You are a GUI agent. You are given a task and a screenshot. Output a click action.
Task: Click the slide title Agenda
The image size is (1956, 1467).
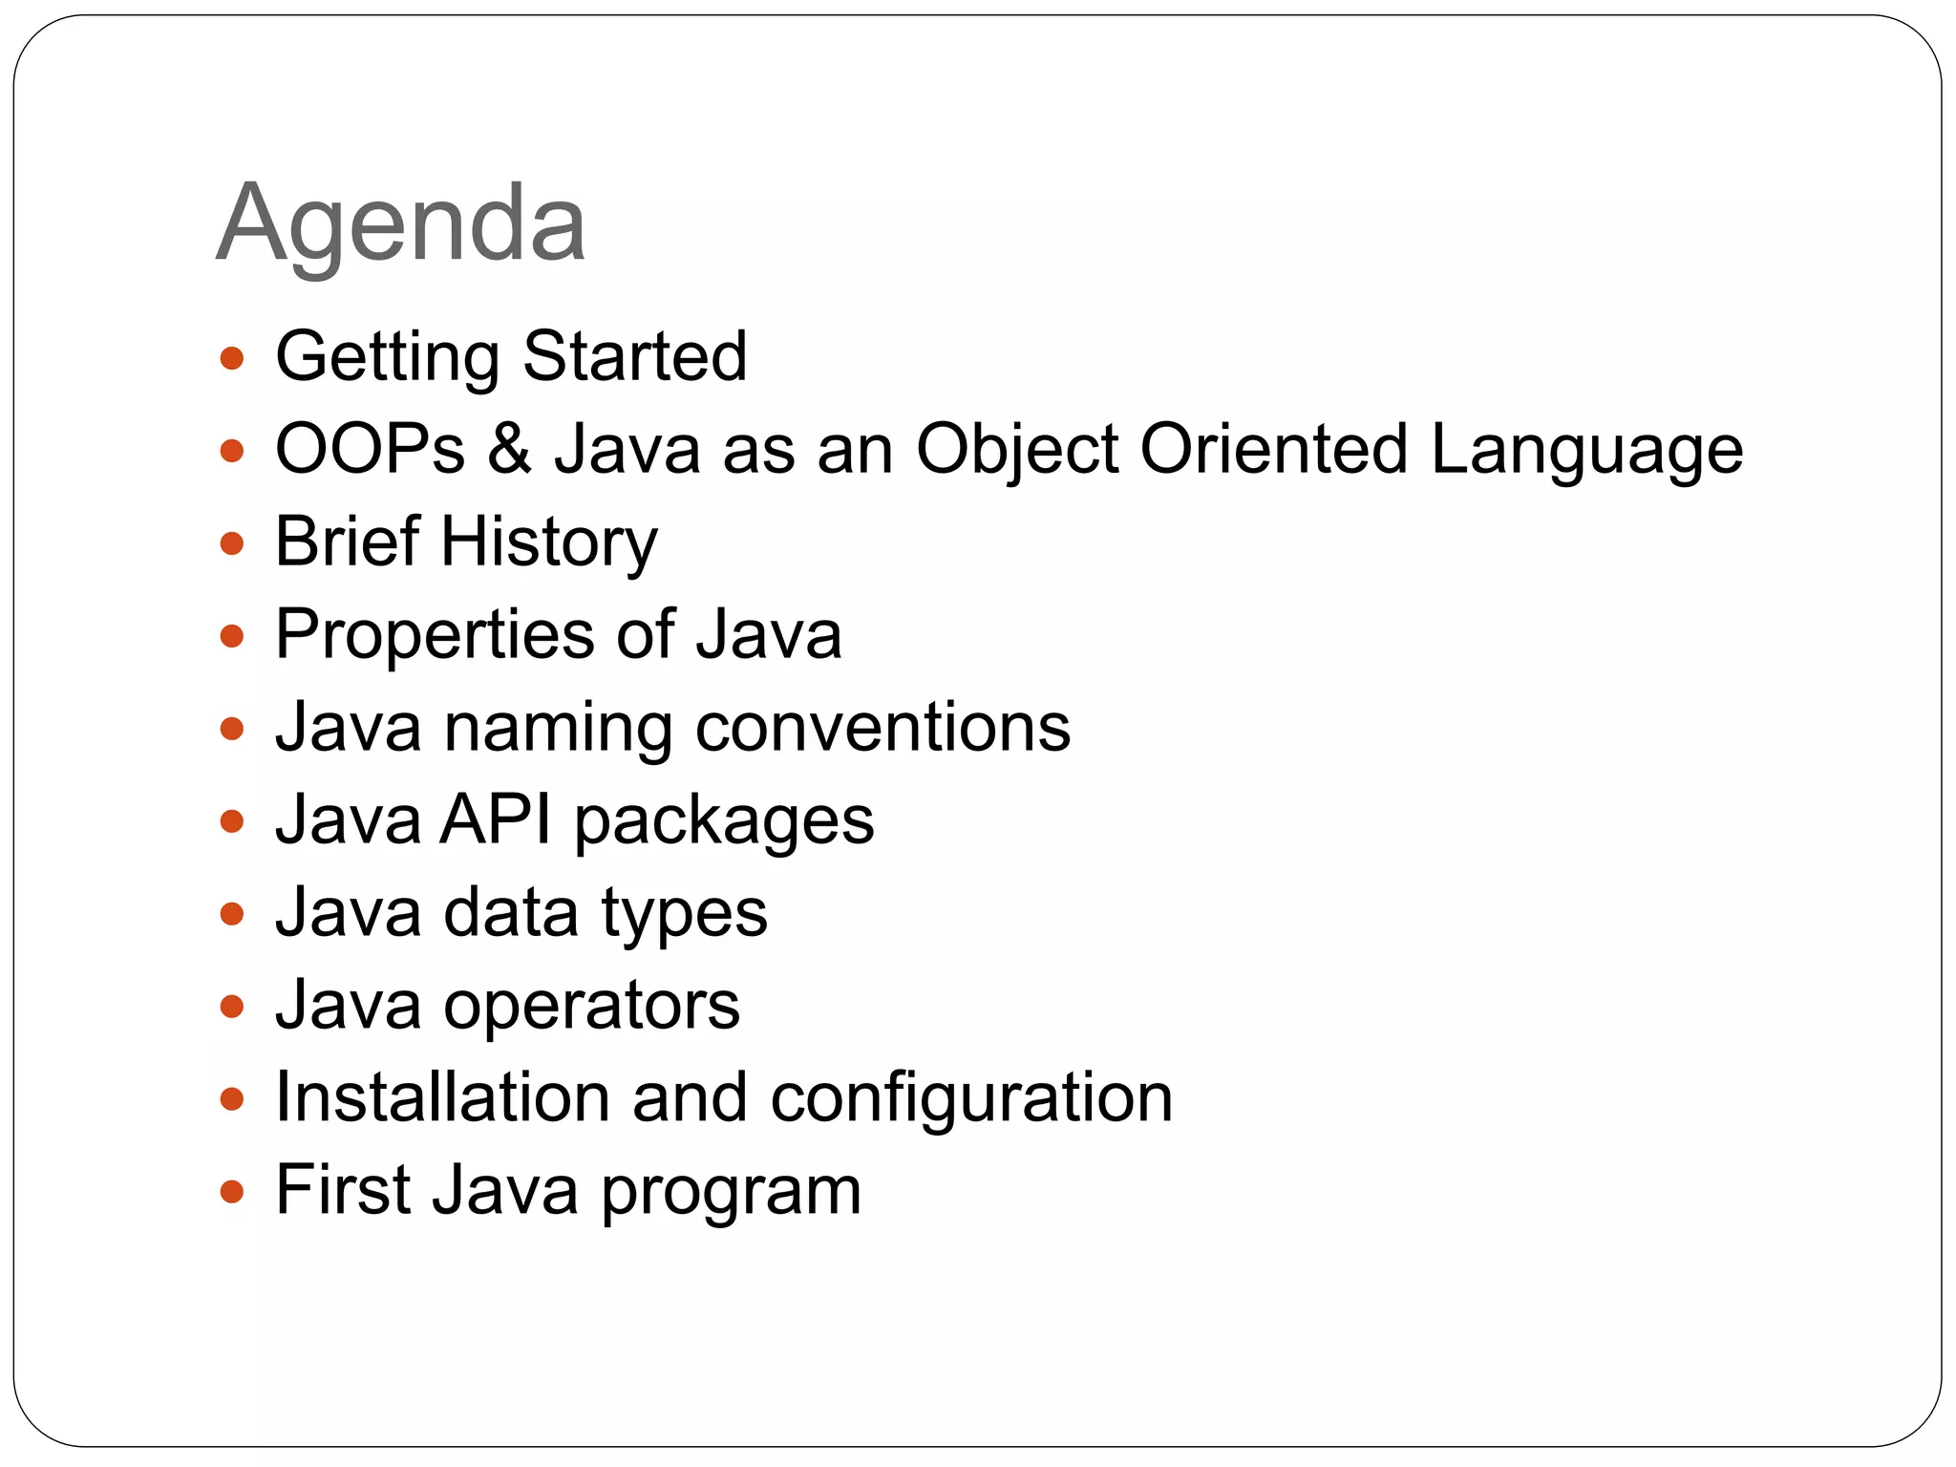(400, 224)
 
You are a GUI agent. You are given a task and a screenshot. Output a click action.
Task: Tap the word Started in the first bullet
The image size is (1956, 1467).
(635, 356)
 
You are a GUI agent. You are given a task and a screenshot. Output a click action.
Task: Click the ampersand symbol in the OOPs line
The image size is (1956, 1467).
(510, 449)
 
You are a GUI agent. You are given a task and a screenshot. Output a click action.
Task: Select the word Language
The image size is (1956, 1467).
(1586, 449)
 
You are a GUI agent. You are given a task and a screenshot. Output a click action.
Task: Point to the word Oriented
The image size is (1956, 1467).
(1274, 449)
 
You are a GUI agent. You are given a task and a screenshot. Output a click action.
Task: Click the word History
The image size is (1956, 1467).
(548, 542)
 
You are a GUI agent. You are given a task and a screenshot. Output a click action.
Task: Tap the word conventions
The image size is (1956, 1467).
(882, 728)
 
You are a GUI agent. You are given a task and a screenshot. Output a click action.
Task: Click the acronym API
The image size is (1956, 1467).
(496, 819)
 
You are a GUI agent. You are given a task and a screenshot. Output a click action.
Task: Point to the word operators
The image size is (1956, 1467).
(591, 1006)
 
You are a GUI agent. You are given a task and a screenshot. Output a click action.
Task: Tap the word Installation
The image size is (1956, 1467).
(442, 1097)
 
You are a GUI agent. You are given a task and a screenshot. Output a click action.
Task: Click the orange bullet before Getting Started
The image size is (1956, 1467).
(232, 359)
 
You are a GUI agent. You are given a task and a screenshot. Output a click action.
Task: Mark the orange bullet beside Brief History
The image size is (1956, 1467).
(232, 544)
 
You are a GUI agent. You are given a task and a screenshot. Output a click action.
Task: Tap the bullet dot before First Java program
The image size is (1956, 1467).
(232, 1192)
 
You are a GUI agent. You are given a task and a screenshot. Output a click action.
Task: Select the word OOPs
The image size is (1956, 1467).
(370, 449)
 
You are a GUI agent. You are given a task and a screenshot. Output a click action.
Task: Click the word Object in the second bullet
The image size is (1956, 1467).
(1016, 449)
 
